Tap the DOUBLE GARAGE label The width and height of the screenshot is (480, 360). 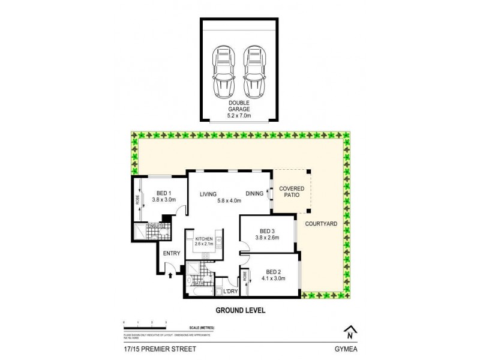point(239,106)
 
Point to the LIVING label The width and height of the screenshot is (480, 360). point(208,193)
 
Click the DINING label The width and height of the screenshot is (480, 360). point(254,193)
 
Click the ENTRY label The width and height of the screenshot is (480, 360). point(172,253)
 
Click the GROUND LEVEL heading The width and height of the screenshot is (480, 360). point(240,311)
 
